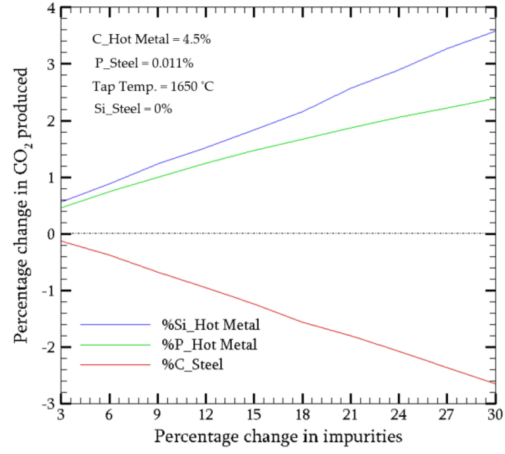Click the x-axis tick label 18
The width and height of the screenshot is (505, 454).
302,415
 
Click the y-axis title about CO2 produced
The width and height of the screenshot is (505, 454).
22,205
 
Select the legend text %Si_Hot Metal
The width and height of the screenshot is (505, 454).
211,325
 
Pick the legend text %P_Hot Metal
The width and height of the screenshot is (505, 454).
209,345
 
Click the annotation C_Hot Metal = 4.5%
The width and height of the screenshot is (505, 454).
151,39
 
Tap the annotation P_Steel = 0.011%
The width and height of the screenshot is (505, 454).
144,63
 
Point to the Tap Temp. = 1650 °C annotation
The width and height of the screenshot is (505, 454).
153,87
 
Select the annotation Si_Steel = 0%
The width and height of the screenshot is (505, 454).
133,109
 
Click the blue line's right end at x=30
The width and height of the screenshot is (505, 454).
495,31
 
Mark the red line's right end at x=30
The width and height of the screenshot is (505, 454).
495,383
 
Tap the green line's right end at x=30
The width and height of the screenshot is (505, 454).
495,98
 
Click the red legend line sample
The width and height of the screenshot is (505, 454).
115,365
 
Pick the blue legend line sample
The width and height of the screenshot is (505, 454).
115,324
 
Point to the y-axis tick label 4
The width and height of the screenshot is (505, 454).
51,8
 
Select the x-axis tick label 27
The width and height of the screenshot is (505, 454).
447,415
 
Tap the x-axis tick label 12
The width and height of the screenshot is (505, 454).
206,415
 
